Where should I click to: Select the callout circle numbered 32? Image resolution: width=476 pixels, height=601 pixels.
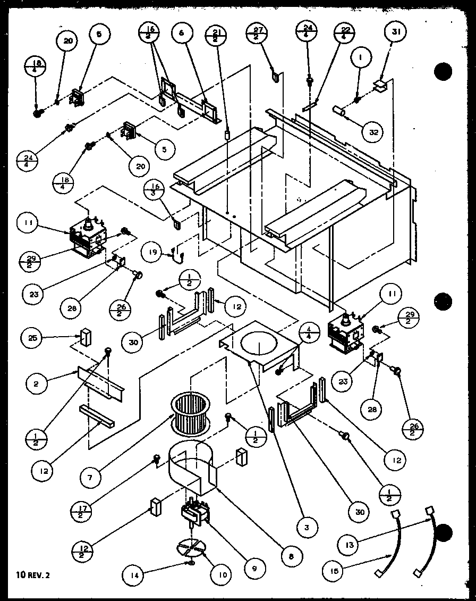pos(373,132)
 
